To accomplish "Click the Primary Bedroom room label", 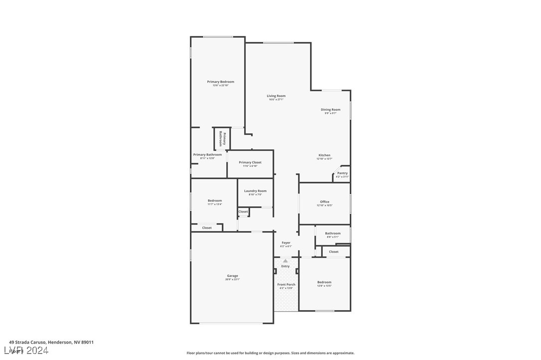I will point(220,82).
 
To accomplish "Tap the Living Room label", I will point(276,96).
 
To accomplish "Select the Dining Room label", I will point(330,110).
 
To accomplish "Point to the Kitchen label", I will point(324,155).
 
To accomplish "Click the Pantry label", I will point(342,173).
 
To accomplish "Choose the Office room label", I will point(324,202).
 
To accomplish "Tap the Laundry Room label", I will point(255,191).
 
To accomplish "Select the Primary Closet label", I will point(250,162).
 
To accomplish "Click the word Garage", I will point(232,275).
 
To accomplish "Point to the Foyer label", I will point(286,242).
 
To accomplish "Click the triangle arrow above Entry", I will point(285,260).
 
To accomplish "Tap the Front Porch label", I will point(286,284).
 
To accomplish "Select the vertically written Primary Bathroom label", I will point(222,139).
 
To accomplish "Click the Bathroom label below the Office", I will point(333,233).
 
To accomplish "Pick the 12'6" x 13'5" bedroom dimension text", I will point(324,286).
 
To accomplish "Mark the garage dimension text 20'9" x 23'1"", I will point(232,279).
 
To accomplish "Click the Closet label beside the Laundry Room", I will point(243,212).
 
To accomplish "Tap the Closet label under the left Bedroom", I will point(207,228).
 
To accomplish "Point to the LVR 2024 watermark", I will point(28,351).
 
